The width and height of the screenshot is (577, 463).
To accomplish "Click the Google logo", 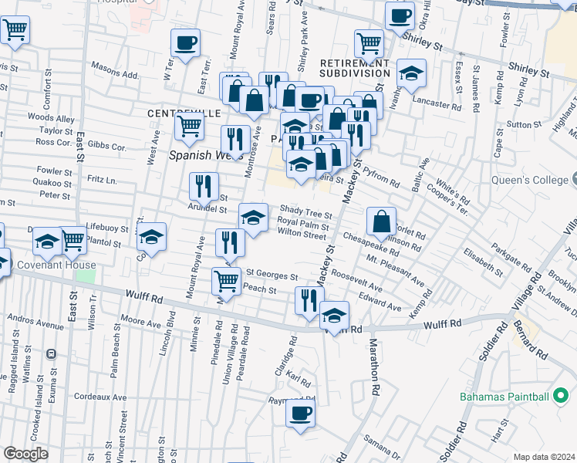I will click(25, 453).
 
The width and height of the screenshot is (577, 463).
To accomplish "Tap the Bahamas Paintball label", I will click(504, 397).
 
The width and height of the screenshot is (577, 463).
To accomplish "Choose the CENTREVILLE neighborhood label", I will click(184, 113).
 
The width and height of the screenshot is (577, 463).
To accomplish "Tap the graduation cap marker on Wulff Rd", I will click(334, 314).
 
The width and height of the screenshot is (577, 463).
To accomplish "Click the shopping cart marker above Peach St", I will click(225, 279).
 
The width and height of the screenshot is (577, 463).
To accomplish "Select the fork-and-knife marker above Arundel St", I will click(203, 184).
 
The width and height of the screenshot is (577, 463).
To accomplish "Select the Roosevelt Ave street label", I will click(357, 279).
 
